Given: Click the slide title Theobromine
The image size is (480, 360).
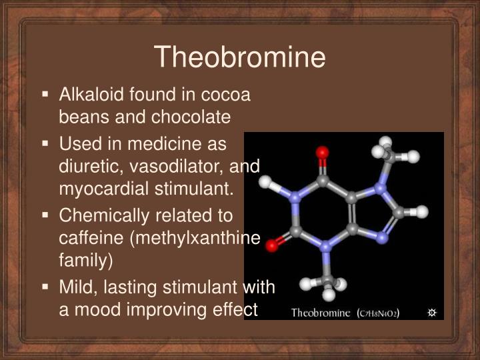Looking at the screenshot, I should (x=240, y=57).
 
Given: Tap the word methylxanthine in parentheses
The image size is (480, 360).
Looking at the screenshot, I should (x=200, y=238).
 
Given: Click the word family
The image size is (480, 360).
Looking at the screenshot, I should (x=83, y=261).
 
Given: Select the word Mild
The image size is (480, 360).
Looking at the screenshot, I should (x=75, y=287).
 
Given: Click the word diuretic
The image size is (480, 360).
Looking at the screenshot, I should (x=84, y=166).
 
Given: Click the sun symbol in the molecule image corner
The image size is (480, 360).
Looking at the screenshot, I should (x=431, y=313).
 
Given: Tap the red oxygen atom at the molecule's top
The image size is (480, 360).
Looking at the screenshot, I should (x=323, y=153).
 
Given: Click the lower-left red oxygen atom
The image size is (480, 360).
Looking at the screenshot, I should (x=271, y=245).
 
